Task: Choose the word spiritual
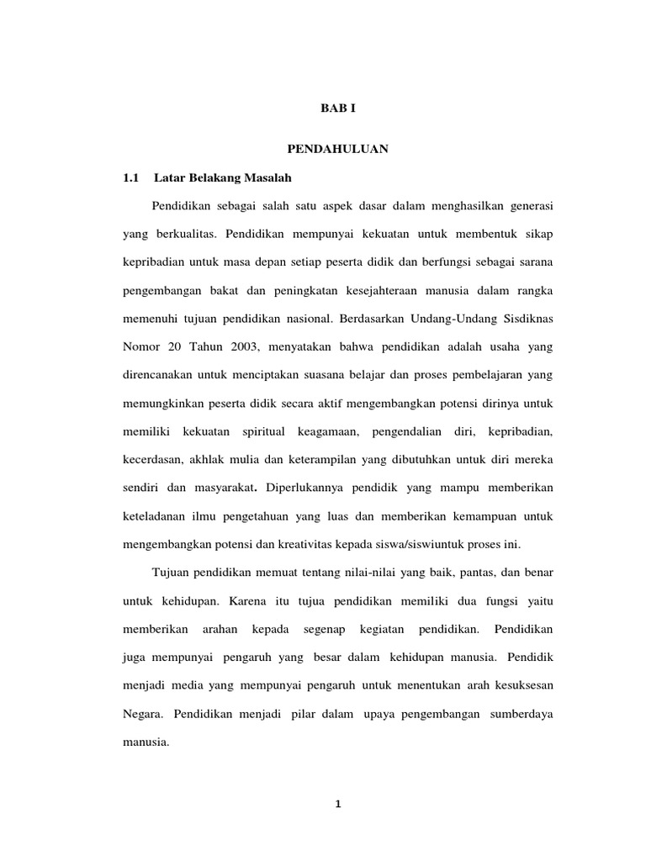point(262,431)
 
